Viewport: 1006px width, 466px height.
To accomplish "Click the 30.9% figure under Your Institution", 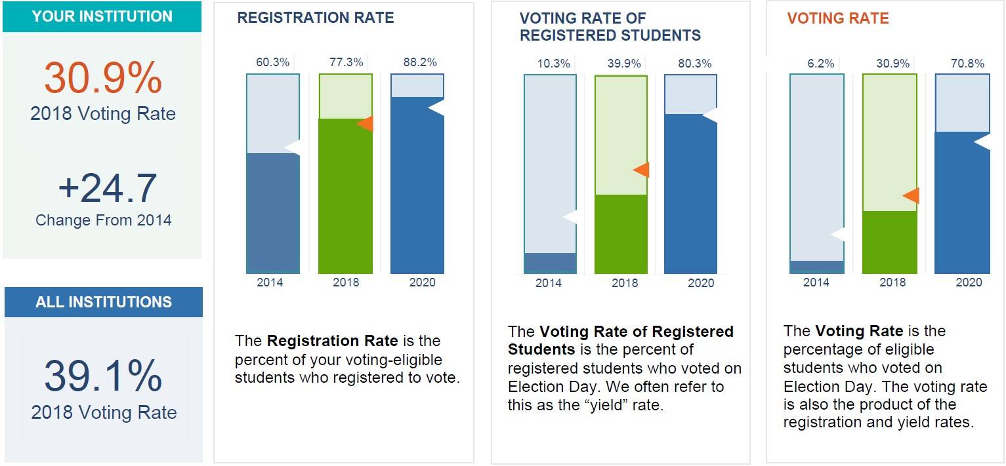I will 103,79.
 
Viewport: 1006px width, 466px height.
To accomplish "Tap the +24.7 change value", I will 107,187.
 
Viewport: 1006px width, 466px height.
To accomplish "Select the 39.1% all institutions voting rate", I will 103,376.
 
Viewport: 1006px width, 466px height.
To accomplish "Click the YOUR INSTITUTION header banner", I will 102,16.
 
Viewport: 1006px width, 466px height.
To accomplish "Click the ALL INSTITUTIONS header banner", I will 104,302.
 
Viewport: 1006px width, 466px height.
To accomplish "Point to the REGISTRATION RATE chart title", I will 316,18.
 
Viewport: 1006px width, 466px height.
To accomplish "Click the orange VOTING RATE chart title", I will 838,18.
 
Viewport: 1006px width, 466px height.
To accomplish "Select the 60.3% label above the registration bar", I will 272,63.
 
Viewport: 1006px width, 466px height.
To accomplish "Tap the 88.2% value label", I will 420,63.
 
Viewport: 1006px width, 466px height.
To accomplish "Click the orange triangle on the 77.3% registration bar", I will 366,123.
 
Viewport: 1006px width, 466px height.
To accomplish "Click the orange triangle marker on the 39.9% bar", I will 642,170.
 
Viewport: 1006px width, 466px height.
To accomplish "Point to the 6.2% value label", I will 820,64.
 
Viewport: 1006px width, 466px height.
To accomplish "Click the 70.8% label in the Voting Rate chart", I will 967,64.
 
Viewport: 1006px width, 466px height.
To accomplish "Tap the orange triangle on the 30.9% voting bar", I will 912,195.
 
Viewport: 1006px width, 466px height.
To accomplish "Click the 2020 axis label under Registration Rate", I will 422,282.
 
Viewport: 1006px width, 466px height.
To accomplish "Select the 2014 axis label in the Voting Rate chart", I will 816,282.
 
